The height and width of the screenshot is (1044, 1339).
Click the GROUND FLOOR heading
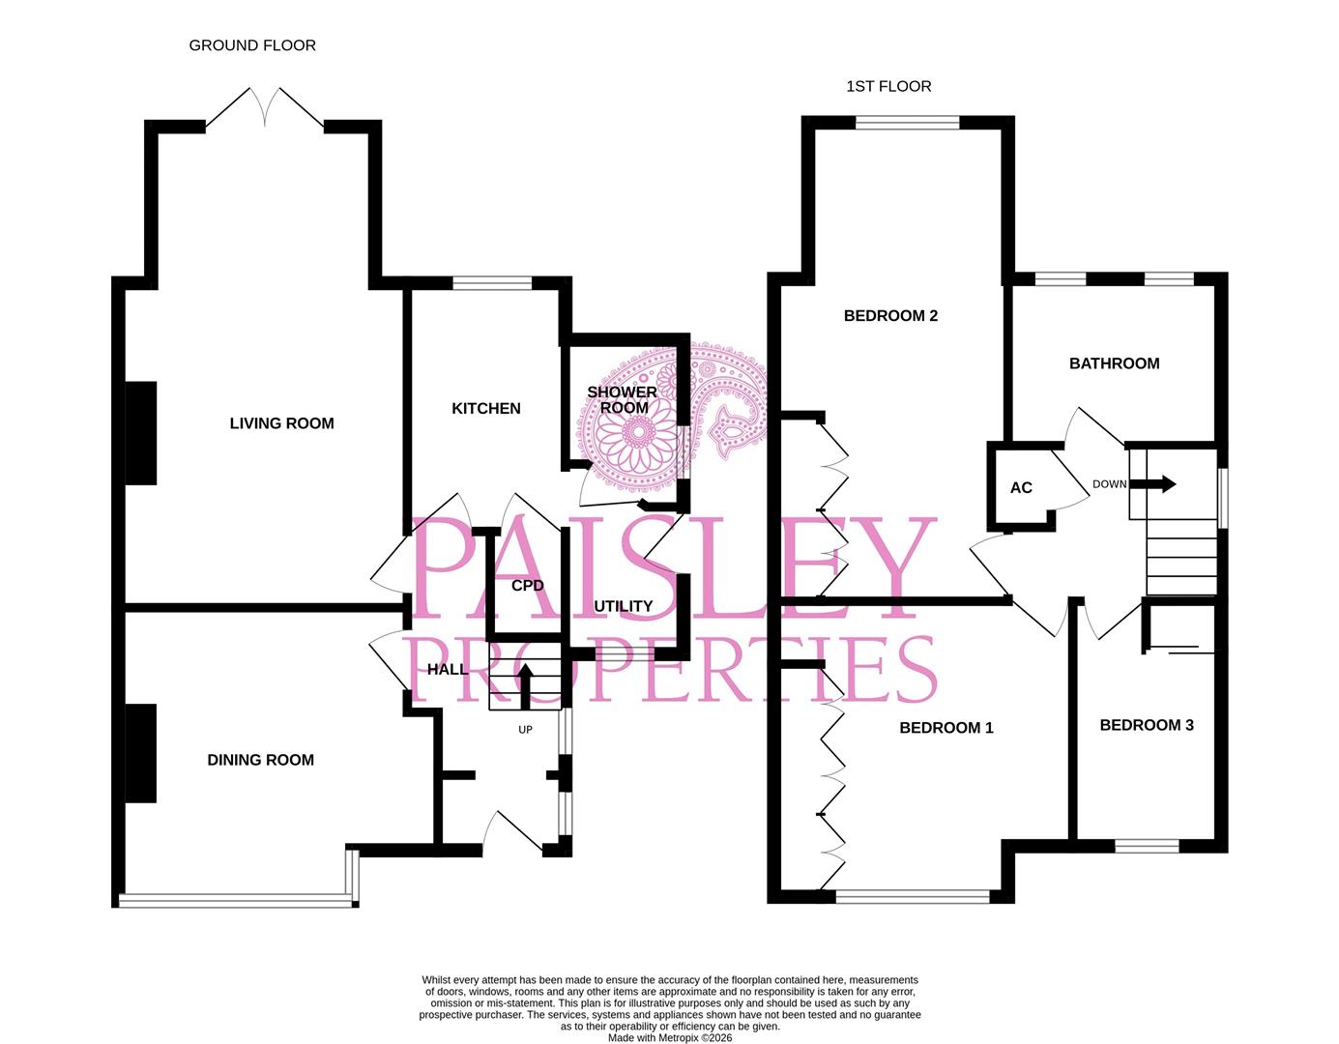tap(252, 45)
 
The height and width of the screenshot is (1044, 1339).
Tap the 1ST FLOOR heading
tap(888, 86)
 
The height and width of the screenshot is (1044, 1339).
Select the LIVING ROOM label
tap(281, 423)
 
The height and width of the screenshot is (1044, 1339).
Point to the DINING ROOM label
tap(260, 760)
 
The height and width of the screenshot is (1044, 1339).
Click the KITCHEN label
tap(486, 409)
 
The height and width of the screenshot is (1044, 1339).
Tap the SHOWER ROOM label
tap(623, 399)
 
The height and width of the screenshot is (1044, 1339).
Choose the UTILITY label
tap(623, 606)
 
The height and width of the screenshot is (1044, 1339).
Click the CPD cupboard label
tap(527, 586)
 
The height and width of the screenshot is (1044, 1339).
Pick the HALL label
tap(447, 669)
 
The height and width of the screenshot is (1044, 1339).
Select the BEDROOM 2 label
tap(890, 316)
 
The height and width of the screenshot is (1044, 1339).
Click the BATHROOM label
tap(1114, 363)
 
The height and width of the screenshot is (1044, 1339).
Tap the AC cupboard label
tap(1021, 488)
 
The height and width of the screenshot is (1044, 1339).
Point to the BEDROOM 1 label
tap(946, 728)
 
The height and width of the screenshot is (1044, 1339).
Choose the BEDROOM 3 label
tap(1146, 725)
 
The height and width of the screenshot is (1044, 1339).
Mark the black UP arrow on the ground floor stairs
tap(526, 684)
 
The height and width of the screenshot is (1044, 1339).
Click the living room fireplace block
tap(141, 432)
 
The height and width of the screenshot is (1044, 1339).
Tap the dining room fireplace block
tap(141, 753)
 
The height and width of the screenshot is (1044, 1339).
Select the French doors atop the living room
tap(265, 108)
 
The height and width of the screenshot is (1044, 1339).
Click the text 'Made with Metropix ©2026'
tap(669, 1038)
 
